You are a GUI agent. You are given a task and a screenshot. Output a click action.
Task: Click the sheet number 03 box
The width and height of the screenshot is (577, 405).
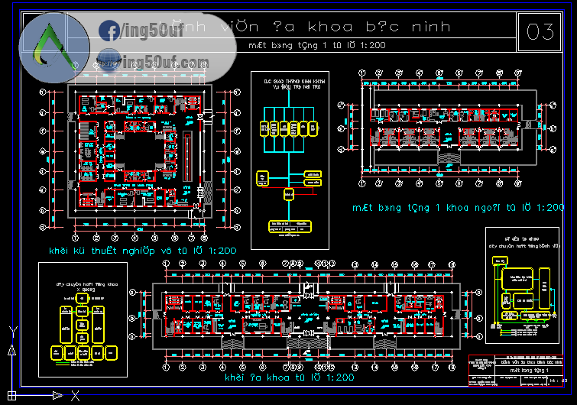(x=540, y=31)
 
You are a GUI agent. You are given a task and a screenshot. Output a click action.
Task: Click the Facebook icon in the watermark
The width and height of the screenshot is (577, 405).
(x=109, y=31)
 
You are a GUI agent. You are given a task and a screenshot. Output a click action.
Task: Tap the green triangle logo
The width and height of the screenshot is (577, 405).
(x=51, y=47)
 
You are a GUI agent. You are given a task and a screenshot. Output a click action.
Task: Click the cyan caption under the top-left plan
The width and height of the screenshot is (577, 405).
(x=143, y=251)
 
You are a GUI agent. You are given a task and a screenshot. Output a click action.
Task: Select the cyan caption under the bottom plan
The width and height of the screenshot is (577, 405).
(x=289, y=377)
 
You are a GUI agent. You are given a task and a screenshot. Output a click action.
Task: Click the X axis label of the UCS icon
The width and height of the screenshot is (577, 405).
(x=75, y=396)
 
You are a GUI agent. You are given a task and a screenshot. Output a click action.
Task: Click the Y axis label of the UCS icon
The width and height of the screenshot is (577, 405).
(x=12, y=330)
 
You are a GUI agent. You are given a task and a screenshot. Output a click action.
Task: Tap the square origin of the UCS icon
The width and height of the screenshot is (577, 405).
(x=12, y=395)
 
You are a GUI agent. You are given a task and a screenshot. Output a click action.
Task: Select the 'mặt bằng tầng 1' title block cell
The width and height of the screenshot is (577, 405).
(x=520, y=370)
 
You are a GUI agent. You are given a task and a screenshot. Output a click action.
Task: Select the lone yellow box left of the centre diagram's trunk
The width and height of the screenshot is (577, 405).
(x=263, y=177)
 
